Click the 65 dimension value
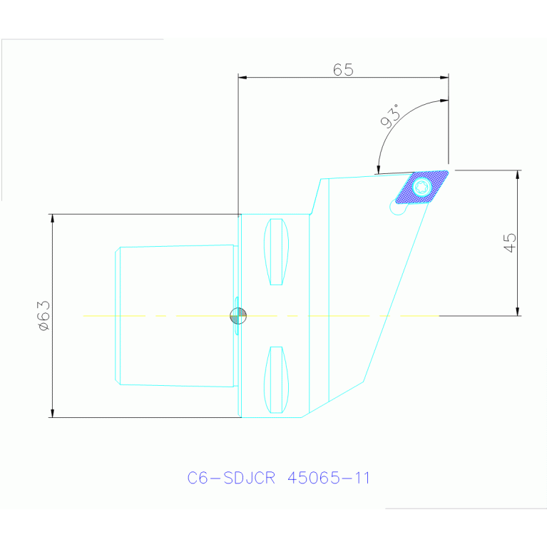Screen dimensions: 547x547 pos(343,69)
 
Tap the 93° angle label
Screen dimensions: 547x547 pos(391,116)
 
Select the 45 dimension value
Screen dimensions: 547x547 pos(510,242)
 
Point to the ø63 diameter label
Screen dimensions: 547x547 pos(45,316)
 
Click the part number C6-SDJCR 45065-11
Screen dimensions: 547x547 pos(278,478)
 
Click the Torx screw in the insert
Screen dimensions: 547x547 pos(421,187)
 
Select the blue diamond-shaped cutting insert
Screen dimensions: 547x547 pos(421,187)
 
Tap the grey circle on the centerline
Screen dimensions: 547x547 pos(238,316)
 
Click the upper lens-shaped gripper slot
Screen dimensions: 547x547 pos(276,252)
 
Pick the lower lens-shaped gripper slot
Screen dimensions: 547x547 pos(276,379)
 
